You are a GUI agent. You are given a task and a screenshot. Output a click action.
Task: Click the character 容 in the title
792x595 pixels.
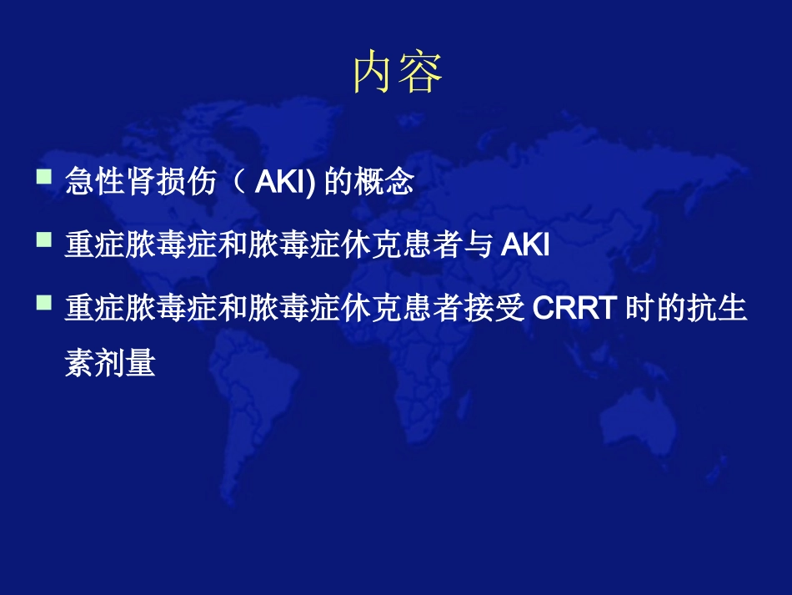(421, 73)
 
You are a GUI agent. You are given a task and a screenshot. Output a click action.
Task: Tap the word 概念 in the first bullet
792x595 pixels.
(392, 183)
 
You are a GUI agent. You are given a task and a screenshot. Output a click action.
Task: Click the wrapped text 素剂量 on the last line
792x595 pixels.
(110, 363)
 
